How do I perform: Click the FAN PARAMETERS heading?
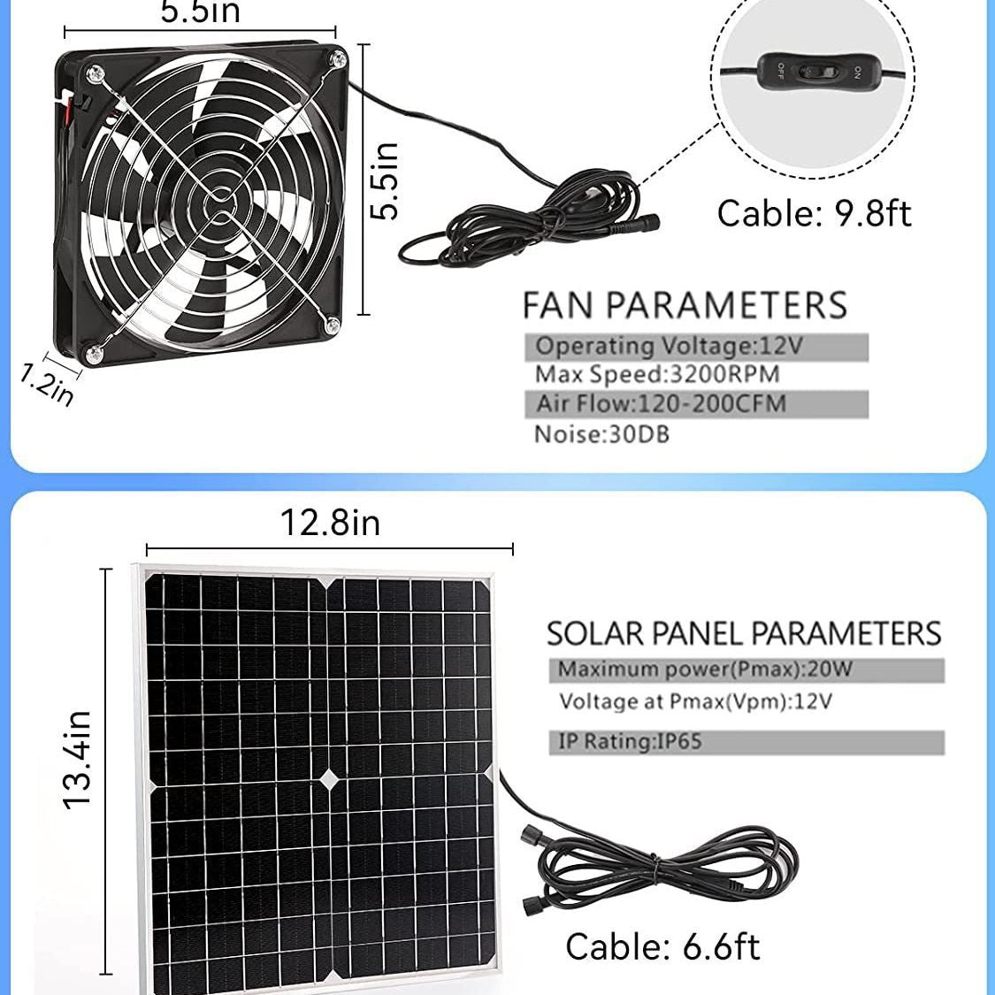coord(685,305)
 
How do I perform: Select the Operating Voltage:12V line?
coord(669,346)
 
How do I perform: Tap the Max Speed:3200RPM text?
coord(657,374)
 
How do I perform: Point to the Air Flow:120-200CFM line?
coord(661,404)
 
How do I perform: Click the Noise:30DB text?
coord(601,434)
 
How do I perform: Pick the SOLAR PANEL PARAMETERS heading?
coord(743,633)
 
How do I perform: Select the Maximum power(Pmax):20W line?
coord(705,670)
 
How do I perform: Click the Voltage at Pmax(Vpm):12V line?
coord(695,702)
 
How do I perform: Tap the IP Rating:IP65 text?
coord(630,741)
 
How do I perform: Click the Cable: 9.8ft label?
coord(813,214)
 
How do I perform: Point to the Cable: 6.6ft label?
coord(662,946)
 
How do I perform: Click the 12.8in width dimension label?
coord(330,523)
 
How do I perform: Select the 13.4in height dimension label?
coord(78,759)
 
